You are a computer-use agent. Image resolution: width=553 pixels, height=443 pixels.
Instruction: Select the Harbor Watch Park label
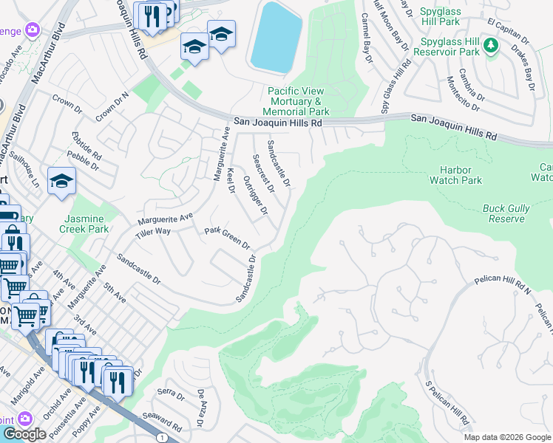tap(455, 175)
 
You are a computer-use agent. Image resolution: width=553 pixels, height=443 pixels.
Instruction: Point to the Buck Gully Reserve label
tap(506, 214)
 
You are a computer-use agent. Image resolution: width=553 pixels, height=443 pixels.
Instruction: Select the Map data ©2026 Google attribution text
tap(507, 437)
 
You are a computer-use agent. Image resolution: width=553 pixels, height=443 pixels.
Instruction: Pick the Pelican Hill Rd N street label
tap(502, 285)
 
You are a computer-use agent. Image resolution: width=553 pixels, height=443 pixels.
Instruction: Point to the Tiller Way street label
tap(152, 233)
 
